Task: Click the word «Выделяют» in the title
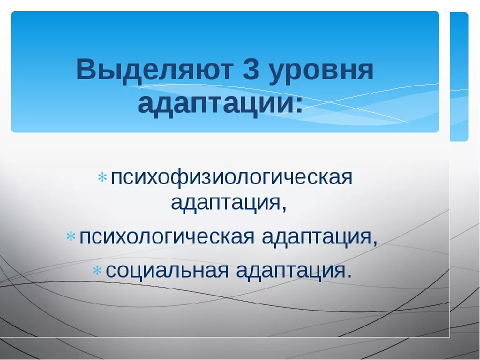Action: tap(154, 69)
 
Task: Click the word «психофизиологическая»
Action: tap(231, 177)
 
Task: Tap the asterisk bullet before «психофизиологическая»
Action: tap(102, 177)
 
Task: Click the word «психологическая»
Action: tap(167, 236)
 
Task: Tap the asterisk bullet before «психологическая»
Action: tap(70, 236)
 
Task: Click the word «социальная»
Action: tap(167, 270)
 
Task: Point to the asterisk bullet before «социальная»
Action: tap(97, 270)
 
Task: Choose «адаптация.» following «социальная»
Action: tap(294, 271)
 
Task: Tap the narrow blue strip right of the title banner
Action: tap(459, 76)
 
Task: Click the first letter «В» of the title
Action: tap(86, 69)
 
